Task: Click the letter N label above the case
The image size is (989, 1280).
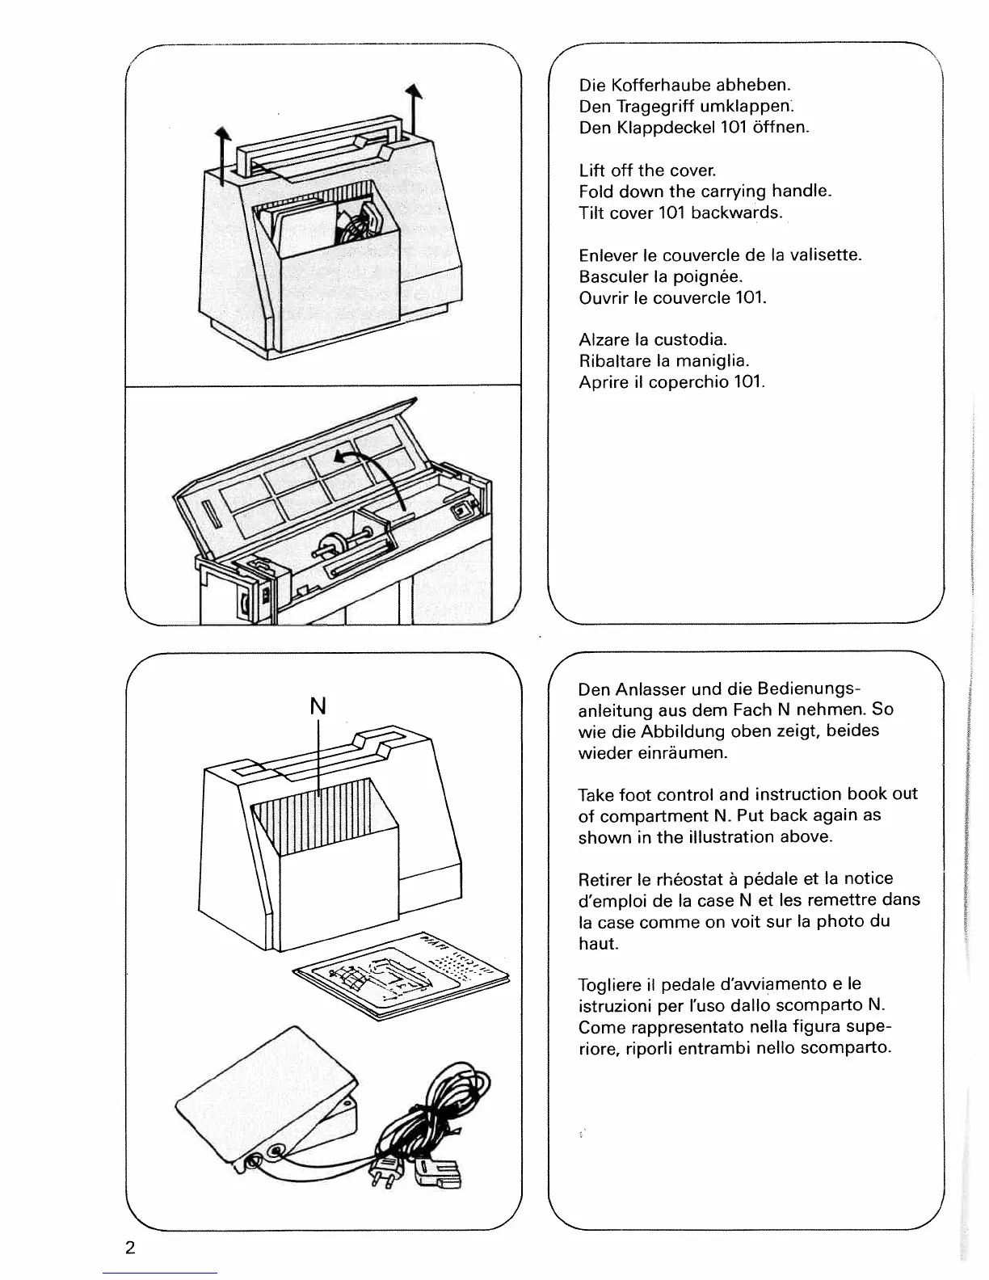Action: pyautogui.click(x=318, y=705)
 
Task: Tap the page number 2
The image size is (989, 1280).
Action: pyautogui.click(x=130, y=1246)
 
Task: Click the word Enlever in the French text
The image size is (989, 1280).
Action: pyautogui.click(x=608, y=255)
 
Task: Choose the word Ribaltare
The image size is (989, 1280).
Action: pyautogui.click(x=612, y=360)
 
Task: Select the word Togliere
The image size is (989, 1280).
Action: pyautogui.click(x=610, y=984)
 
